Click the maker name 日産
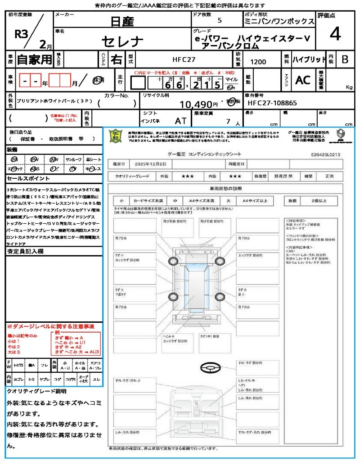(121, 21)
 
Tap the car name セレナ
(122, 42)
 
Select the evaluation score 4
(334, 34)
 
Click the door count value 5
(219, 21)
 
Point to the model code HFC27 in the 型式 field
(184, 59)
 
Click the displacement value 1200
(258, 62)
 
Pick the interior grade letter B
(345, 59)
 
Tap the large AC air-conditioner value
(303, 80)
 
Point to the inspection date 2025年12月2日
(153, 164)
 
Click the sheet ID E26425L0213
(325, 154)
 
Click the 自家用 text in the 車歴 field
(34, 59)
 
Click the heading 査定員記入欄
(25, 252)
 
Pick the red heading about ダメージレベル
(50, 326)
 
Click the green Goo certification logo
(116, 136)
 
